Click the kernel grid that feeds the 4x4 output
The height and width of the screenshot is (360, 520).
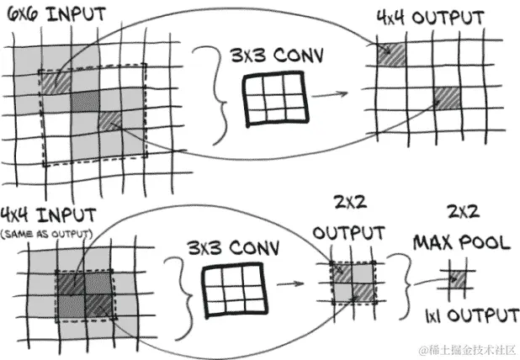[273, 98]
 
